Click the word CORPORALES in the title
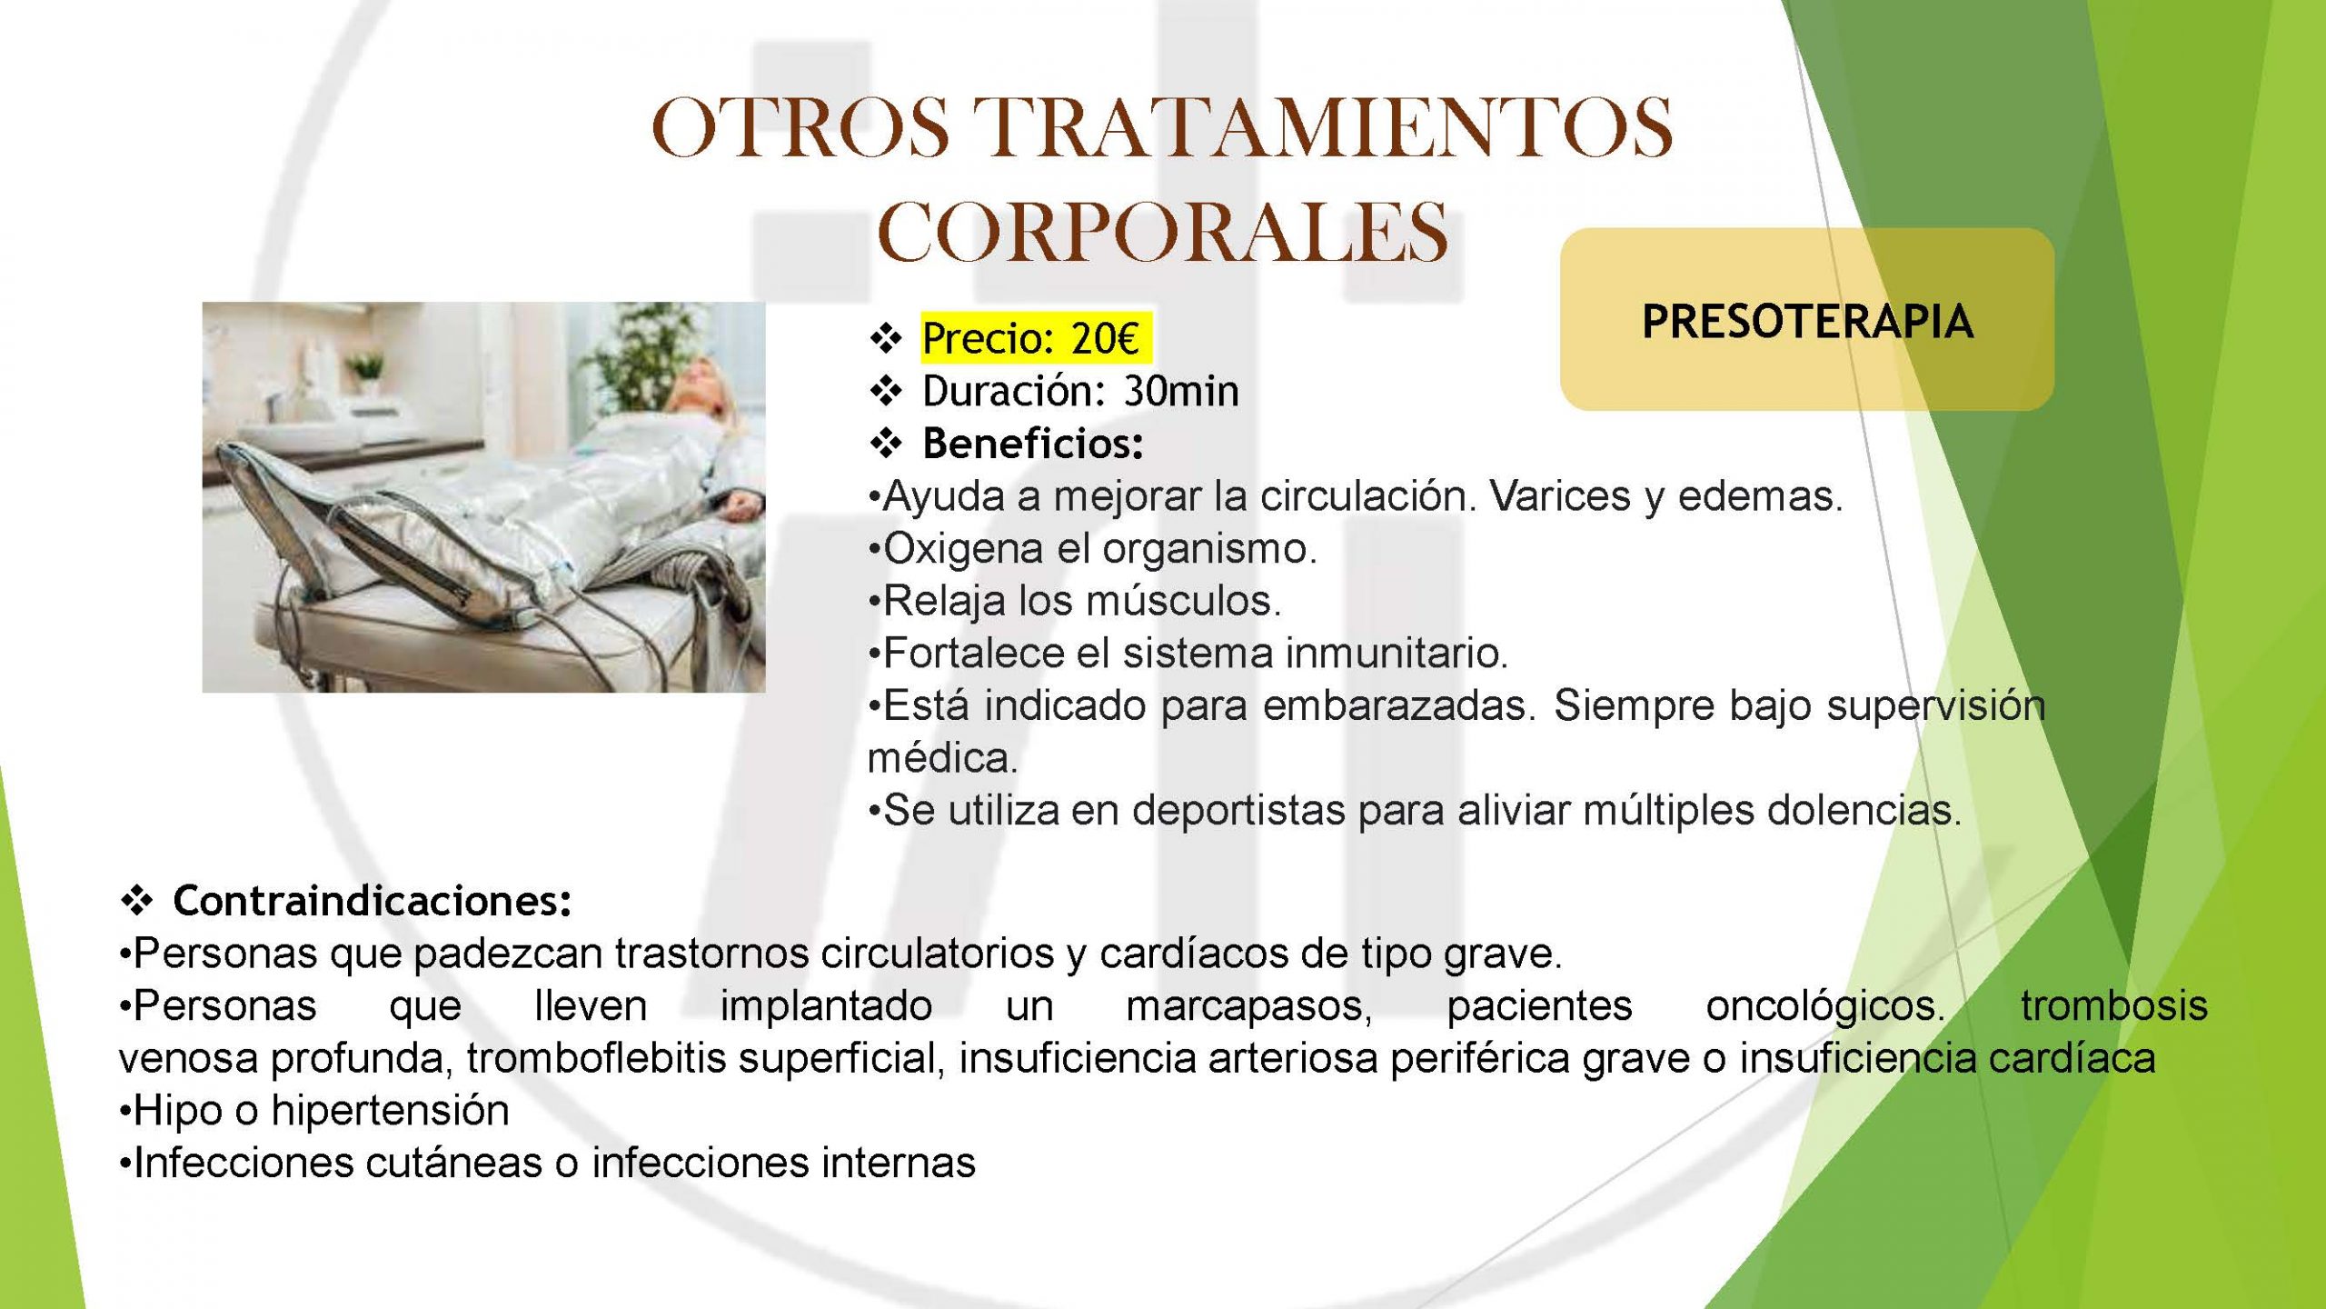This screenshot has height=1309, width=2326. tap(1162, 233)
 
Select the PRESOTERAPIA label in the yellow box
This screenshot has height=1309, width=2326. tap(1807, 321)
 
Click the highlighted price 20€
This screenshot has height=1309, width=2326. tap(1104, 338)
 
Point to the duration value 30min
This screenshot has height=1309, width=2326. tap(1181, 391)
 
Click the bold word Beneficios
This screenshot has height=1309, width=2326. tap(1033, 444)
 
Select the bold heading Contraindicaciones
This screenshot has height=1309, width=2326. tap(373, 901)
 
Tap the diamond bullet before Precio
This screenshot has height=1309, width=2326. tap(886, 339)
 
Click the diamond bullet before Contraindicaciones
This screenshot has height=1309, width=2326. tap(136, 902)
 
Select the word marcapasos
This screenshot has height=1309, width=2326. tap(1249, 1006)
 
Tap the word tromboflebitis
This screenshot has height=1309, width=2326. tap(596, 1058)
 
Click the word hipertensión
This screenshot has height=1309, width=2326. tap(391, 1111)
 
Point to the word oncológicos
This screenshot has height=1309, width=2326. tap(1825, 1006)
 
